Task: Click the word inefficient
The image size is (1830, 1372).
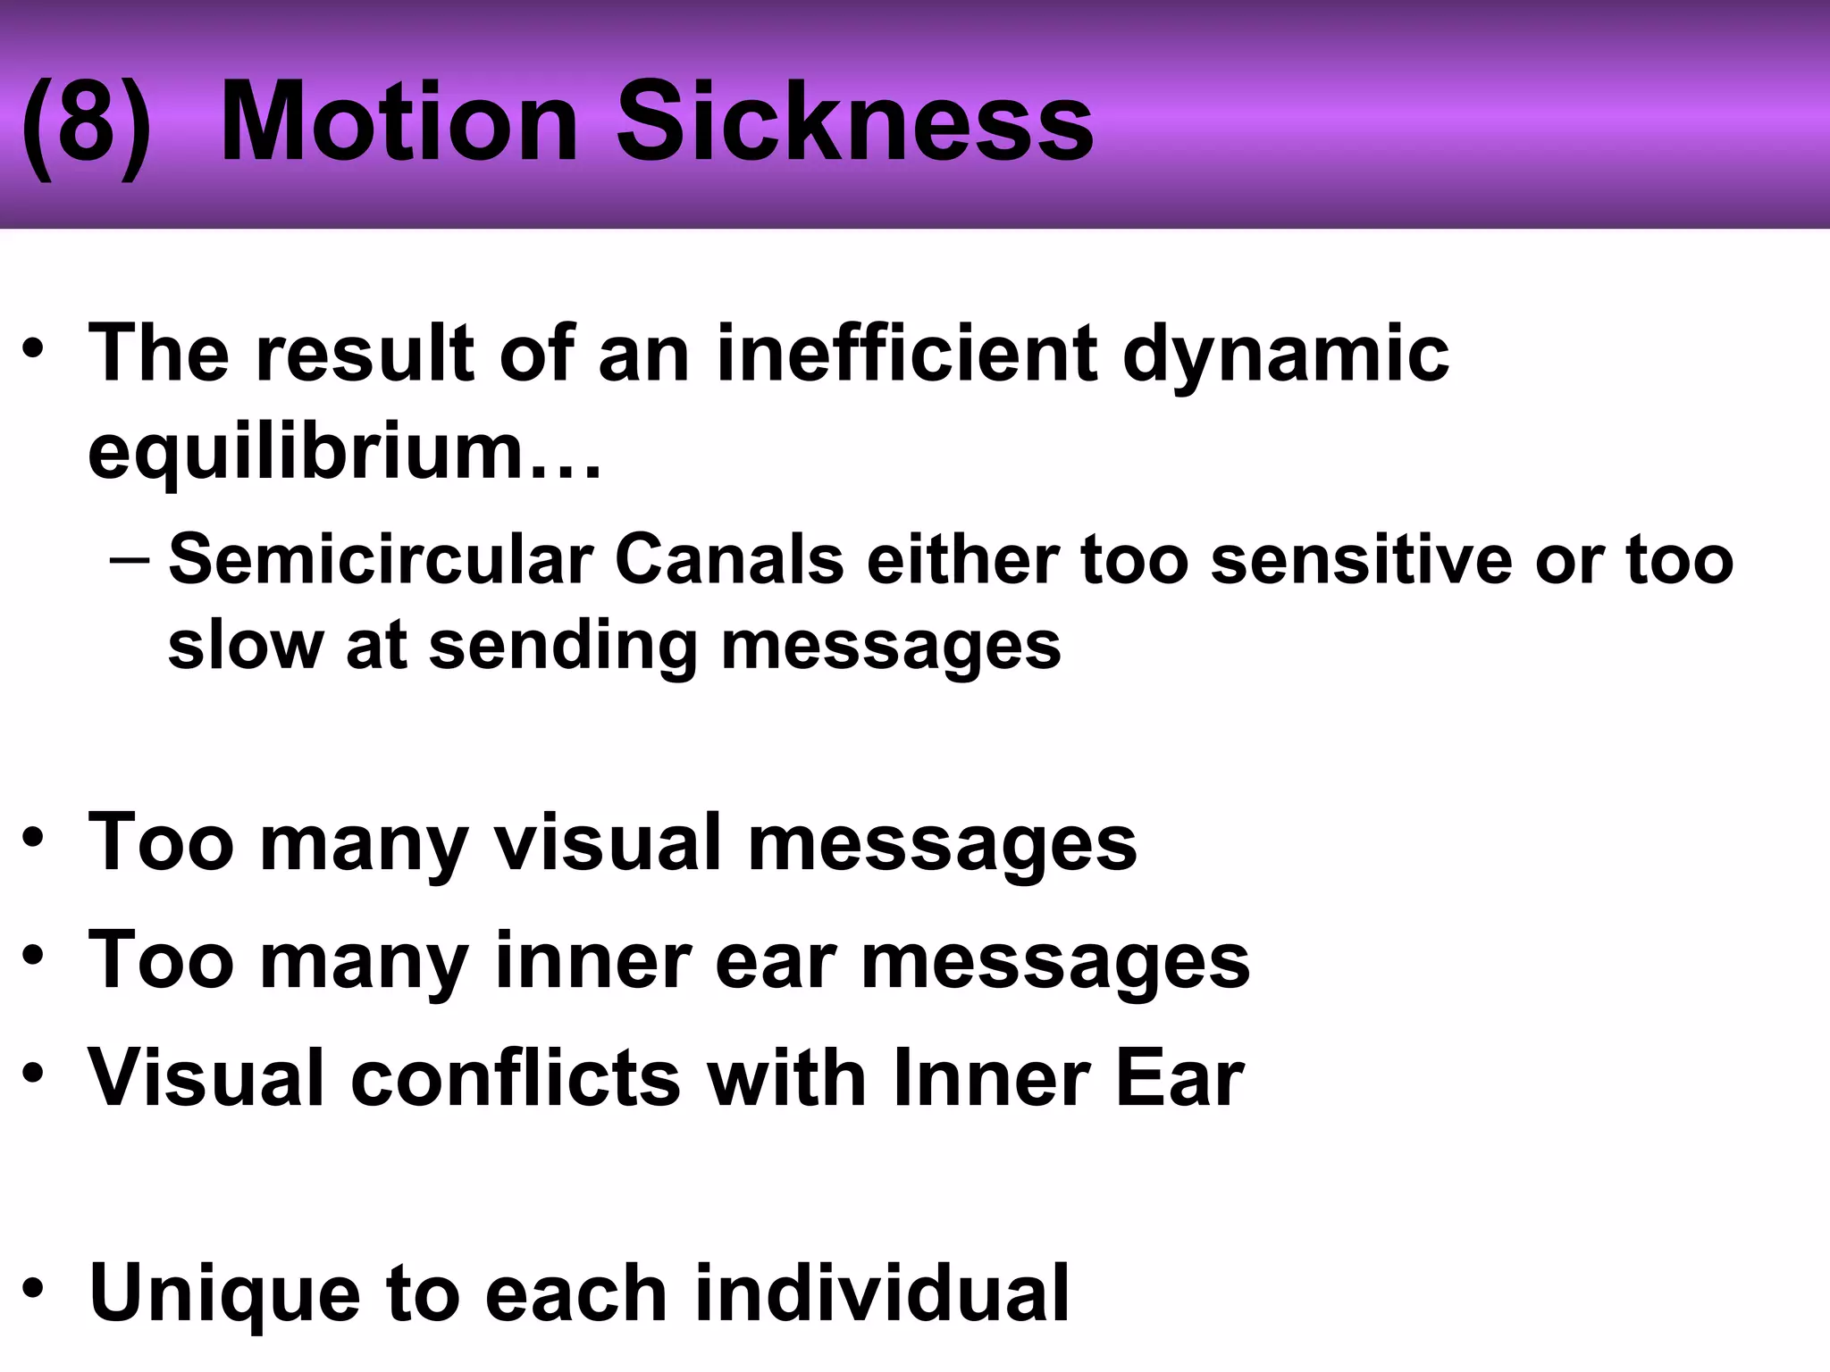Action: pos(906,354)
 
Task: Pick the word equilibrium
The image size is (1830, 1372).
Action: pos(344,452)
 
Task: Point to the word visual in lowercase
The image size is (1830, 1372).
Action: pos(609,842)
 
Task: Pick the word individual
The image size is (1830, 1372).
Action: pos(881,1292)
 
